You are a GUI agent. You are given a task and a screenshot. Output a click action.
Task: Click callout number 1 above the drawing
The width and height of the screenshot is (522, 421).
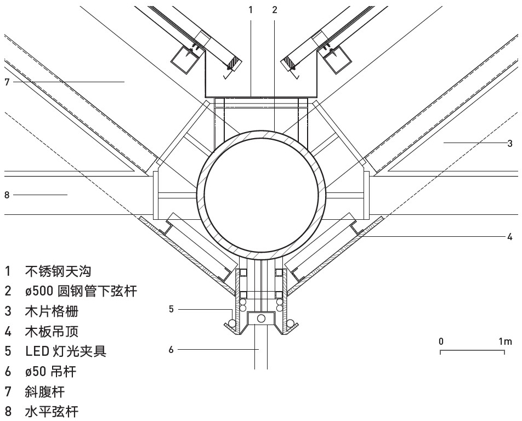coord(251,9)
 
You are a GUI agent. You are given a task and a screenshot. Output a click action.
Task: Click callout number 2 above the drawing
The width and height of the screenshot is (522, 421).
coord(274,9)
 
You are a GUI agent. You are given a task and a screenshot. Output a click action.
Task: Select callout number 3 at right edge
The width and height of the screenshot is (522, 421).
coord(510,143)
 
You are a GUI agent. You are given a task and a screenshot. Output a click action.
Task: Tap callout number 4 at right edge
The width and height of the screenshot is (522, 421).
coord(510,237)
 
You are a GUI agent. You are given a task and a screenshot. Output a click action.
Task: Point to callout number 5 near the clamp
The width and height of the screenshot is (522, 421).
coord(171,310)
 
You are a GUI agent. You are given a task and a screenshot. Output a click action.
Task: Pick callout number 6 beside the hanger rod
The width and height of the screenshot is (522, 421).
coord(171,349)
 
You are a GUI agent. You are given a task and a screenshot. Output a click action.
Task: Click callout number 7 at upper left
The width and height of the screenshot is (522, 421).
coord(7,82)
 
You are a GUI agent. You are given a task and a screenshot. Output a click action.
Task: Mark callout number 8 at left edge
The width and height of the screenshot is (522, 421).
coord(7,194)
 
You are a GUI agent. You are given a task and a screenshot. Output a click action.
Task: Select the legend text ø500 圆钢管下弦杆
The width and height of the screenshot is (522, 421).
coord(81,291)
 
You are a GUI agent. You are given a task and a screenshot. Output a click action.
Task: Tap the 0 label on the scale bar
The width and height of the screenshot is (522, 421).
coord(441,342)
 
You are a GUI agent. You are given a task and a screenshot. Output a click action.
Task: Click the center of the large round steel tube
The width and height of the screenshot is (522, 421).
coord(261,194)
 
